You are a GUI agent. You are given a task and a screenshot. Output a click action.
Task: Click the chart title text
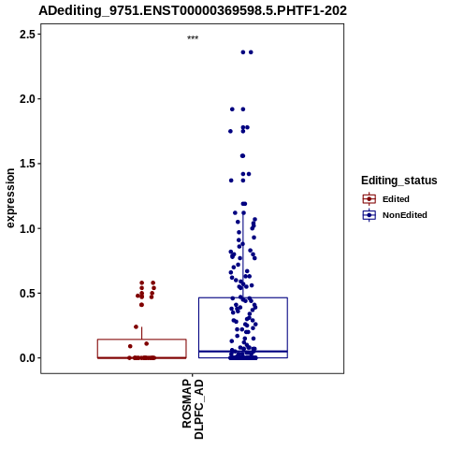193,10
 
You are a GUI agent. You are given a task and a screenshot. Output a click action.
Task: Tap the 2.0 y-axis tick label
27,99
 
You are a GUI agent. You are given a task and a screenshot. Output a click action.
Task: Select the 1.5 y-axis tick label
27,164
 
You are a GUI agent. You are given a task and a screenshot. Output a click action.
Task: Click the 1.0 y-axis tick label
27,228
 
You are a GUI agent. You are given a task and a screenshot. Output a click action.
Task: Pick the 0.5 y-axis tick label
27,294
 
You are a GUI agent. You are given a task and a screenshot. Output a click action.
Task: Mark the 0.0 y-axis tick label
27,358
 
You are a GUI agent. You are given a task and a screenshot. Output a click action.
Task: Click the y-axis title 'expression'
10,198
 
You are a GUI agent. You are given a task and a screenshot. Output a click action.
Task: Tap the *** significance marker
193,38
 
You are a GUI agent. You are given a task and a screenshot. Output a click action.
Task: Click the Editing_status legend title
399,181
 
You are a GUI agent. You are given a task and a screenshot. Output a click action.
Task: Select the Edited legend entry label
396,199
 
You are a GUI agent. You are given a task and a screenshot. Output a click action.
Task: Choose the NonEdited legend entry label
405,215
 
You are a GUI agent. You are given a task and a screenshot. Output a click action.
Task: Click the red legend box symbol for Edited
369,199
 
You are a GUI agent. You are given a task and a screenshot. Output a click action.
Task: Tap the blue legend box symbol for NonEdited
369,215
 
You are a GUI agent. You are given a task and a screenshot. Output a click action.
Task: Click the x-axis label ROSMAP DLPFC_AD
193,409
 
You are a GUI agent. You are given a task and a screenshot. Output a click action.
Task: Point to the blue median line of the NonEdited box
243,352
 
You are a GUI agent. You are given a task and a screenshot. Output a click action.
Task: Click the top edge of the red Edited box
142,340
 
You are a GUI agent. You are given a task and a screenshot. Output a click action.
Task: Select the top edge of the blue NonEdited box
243,297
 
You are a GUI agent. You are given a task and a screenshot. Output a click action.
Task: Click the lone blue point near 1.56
242,155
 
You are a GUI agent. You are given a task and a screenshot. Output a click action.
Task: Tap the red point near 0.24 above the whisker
136,326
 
